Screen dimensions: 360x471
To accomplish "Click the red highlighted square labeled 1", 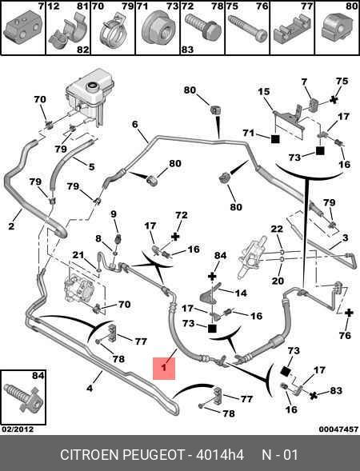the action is coord(164,369).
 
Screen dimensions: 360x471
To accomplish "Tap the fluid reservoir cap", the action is coord(92,86).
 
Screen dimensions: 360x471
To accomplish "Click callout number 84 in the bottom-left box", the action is coord(38,376).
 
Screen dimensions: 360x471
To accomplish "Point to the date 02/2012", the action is coord(18,429).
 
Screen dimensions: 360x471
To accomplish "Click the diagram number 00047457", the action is coord(338,429).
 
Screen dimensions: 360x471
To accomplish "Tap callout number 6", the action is coord(135,124).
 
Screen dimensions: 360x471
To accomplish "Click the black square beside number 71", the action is coord(275,139).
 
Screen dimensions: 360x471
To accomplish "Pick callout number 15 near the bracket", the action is coord(264,92).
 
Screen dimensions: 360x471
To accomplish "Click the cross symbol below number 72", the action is coord(175,237).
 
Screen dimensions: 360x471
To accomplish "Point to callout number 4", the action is coord(90,388).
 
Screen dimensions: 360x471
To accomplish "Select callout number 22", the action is coord(277,229).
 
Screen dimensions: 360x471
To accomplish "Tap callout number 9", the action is coord(114,214).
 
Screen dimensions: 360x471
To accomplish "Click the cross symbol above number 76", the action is coord(349,313).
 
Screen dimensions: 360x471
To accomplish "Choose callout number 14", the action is coord(241,293).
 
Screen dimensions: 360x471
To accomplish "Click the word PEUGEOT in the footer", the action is coord(154,455).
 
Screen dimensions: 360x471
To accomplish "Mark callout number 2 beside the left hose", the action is coord(11,226).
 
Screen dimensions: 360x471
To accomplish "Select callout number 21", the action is coord(78,255).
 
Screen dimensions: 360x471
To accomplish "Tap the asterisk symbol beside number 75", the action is coord(334,99).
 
